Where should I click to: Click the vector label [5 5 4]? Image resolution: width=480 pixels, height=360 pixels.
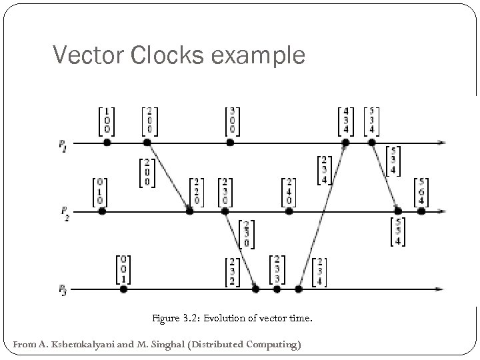coord(399,231)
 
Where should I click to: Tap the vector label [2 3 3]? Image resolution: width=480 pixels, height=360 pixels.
coord(277,268)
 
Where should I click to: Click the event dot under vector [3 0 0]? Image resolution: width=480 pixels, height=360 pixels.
coord(230,143)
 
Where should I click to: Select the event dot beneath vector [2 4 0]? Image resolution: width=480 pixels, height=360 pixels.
coord(289,211)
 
